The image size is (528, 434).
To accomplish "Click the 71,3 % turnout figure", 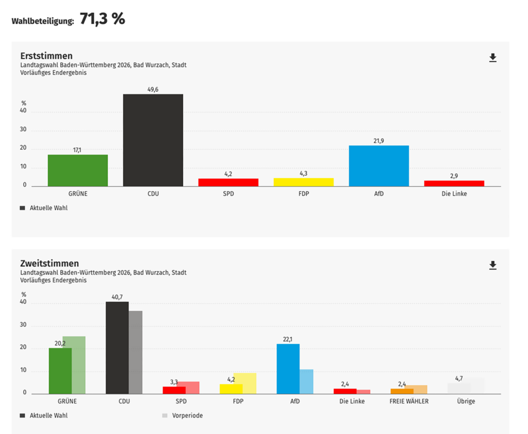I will [x=102, y=20].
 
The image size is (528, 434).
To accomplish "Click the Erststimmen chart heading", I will [x=46, y=56].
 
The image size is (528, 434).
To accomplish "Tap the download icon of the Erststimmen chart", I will [x=492, y=58].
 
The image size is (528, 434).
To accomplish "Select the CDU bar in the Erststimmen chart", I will [x=153, y=140].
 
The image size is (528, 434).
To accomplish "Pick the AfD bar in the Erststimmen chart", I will [x=378, y=166].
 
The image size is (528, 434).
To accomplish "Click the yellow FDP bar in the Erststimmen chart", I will [x=303, y=182].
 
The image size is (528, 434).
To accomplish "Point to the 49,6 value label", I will [x=153, y=89].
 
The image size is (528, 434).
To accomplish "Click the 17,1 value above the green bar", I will [x=77, y=150].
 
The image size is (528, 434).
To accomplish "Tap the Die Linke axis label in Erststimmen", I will [x=454, y=194].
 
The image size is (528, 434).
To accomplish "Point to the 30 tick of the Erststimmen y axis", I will [x=23, y=130].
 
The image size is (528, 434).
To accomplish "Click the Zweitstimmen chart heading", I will [x=49, y=263].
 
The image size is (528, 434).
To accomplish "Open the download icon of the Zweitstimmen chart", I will [x=492, y=265].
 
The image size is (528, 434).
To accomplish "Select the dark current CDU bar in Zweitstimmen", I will [x=117, y=348].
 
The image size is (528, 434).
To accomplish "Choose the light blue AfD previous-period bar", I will [x=306, y=381].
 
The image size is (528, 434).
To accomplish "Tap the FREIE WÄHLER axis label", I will [x=409, y=401].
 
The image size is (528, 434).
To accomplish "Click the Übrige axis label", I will [x=466, y=401].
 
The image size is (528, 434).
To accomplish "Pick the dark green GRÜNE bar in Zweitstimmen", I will [x=60, y=371].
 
